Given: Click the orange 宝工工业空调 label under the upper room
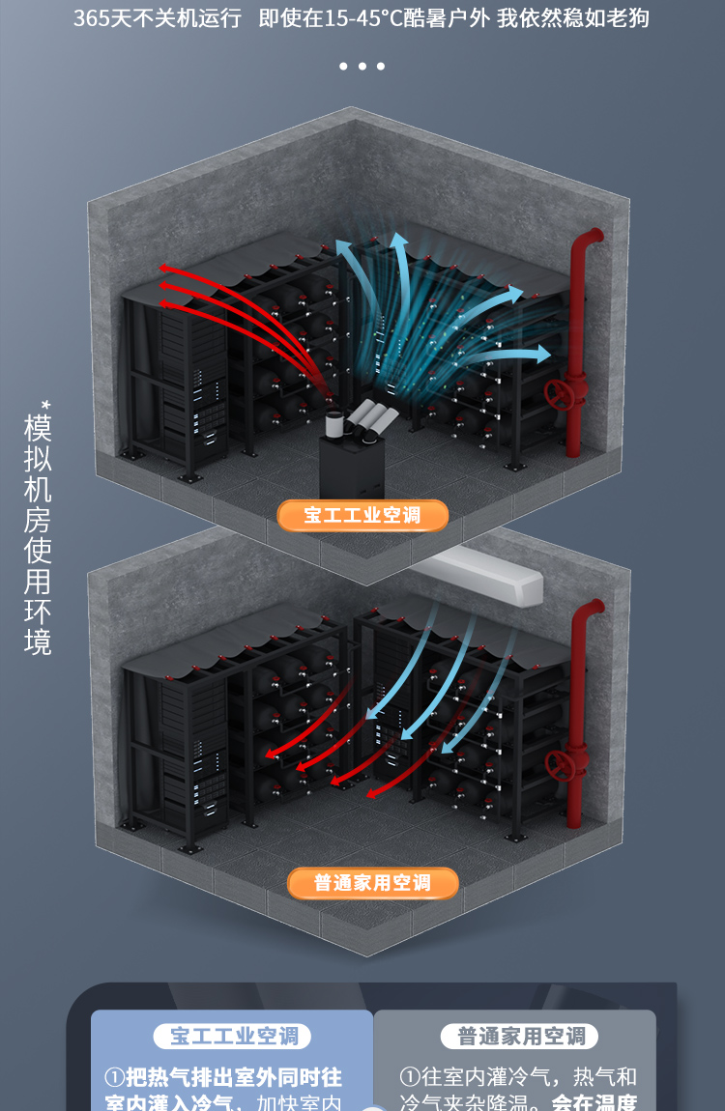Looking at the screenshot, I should (362, 516).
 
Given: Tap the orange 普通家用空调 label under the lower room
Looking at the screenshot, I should (372, 883).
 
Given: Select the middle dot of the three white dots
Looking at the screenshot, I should (362, 67).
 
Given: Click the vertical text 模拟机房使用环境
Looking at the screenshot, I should (38, 535).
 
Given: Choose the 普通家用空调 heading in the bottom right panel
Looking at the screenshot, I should (521, 1037).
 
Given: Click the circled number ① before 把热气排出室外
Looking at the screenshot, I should (114, 1077).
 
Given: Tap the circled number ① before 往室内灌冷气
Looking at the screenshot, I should (410, 1077).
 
